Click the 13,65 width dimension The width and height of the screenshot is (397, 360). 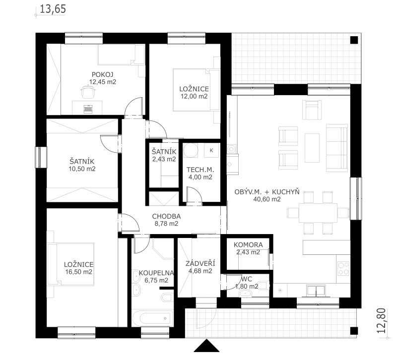coord(53,9)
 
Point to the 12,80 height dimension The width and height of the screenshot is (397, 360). coord(381,320)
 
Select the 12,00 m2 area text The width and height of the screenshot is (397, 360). coord(194,96)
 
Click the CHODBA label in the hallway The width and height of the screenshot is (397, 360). coord(166,217)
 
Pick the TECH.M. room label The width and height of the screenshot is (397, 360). coord(200,170)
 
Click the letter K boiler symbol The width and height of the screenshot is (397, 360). coord(211,150)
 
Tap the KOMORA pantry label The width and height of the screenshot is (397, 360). coord(248,245)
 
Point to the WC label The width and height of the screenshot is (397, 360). coord(247,279)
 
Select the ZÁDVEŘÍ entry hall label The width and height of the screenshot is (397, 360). coord(200,263)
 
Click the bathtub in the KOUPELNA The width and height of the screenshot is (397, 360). coord(153,318)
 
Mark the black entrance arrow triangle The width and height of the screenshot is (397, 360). coord(206,346)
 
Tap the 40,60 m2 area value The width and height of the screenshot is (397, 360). coord(267,199)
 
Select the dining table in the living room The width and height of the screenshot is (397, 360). coord(318,213)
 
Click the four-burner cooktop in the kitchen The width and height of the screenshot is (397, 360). coord(343,269)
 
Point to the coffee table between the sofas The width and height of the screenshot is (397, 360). coord(312,148)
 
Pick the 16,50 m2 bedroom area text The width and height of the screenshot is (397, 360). coord(78,272)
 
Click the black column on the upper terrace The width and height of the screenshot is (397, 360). coord(354,40)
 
